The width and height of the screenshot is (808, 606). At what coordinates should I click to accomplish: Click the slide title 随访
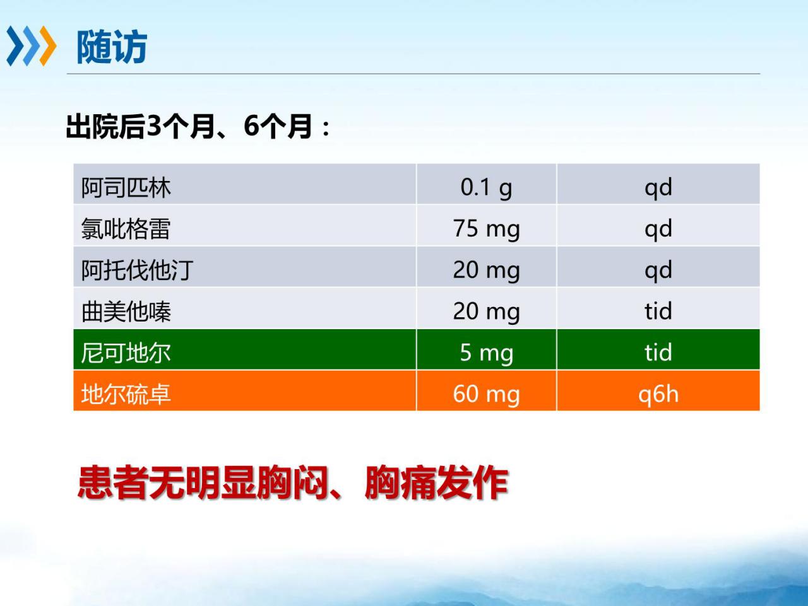[112, 47]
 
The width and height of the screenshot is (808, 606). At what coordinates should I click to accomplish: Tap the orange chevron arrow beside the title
[47, 46]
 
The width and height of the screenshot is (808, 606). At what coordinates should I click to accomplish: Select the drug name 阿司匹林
[126, 187]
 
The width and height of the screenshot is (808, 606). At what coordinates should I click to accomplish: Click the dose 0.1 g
[486, 189]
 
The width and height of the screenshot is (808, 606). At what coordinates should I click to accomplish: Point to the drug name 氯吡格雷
[126, 229]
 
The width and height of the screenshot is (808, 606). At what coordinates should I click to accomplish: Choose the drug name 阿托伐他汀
[137, 271]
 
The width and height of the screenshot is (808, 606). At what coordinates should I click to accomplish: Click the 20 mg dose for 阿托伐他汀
[486, 271]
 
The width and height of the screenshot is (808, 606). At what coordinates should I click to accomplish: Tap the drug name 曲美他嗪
[126, 312]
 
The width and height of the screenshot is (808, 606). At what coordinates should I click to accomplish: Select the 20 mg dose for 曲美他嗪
[486, 312]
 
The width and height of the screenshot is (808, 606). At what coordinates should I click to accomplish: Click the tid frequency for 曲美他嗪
[658, 311]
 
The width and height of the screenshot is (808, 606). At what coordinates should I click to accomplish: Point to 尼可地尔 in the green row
[126, 353]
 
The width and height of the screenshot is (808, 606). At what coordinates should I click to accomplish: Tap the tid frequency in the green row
[658, 353]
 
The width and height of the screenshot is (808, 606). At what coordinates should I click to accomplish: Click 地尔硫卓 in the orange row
[126, 394]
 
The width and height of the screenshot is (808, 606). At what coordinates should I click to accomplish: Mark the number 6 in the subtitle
[251, 126]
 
